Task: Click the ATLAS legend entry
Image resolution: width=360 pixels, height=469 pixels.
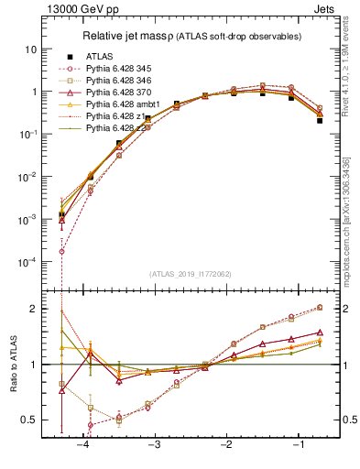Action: coord(99,56)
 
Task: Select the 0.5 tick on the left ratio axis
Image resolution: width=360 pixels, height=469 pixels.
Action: coord(28,420)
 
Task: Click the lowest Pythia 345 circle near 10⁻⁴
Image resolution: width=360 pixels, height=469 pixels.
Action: coord(61,251)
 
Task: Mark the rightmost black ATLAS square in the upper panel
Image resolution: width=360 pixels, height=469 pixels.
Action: coord(320,120)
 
